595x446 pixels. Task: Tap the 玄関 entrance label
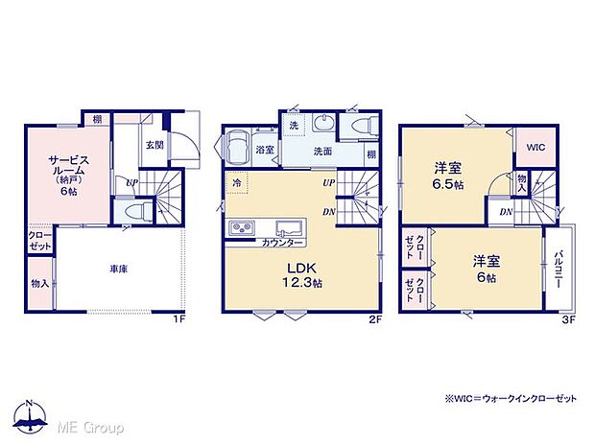tap(153, 145)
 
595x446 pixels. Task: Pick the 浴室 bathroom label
tap(265, 150)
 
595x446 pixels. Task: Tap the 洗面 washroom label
tap(321, 151)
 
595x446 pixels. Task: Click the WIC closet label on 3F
tap(535, 146)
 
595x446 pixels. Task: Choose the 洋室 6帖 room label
tap(485, 269)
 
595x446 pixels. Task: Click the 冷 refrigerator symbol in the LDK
tap(235, 182)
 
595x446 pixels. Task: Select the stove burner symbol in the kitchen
tap(241, 227)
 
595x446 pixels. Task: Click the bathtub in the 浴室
tap(237, 149)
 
